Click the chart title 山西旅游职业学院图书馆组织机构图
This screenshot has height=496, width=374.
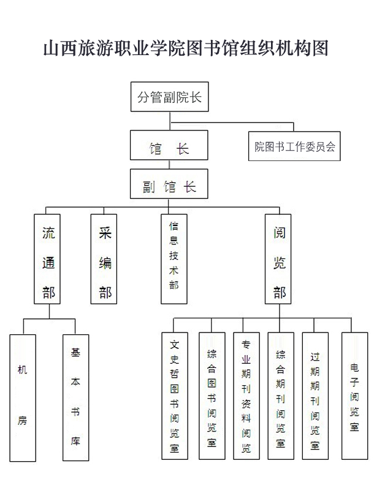click(186, 48)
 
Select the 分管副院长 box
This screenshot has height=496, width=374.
click(169, 97)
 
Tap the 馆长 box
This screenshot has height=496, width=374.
click(169, 145)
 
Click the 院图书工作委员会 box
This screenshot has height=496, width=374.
click(294, 146)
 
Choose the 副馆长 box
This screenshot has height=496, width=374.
click(169, 184)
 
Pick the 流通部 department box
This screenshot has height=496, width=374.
click(47, 259)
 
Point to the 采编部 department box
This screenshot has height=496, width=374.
click(104, 259)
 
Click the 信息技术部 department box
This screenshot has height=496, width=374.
click(174, 259)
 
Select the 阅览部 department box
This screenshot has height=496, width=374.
click(278, 259)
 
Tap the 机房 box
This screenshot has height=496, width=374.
click(23, 398)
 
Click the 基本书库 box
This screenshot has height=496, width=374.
click(75, 397)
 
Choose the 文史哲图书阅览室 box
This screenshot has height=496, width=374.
click(175, 396)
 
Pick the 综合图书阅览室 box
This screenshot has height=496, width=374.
click(212, 396)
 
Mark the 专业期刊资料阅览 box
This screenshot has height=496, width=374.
click(246, 396)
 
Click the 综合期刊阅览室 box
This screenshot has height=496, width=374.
click(281, 396)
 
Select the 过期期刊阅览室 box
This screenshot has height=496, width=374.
click(315, 396)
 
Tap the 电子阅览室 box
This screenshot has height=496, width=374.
click(354, 396)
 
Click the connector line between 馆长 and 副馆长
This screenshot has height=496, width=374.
click(169, 165)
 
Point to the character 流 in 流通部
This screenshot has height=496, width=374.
click(48, 233)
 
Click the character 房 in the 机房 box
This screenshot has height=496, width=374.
click(23, 421)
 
